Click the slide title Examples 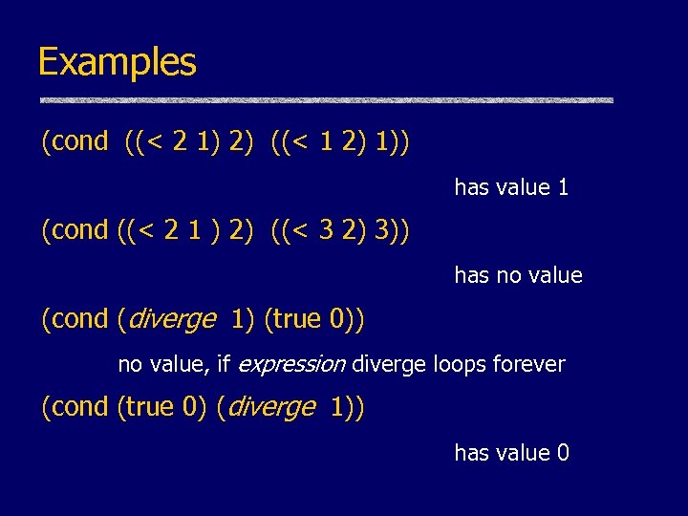117,63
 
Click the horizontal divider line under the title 325,100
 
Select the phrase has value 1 511,187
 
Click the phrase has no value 518,276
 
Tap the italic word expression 291,364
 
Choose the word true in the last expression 149,407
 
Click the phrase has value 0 511,453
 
